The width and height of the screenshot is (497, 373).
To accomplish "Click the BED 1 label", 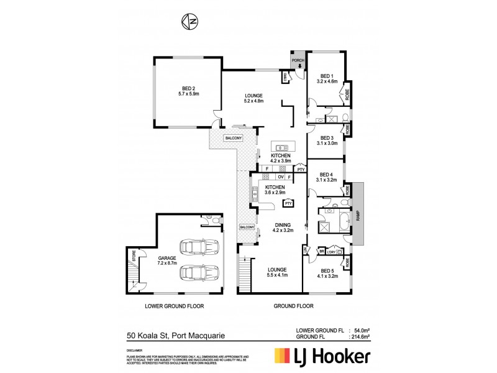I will coord(327,78).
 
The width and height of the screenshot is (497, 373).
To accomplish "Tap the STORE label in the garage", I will coord(132,255).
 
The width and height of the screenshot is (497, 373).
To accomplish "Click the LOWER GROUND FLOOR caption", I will coord(175,306).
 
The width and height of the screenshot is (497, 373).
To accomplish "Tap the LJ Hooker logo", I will coord(323,357).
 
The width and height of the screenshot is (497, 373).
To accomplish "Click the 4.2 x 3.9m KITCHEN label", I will coord(280,158).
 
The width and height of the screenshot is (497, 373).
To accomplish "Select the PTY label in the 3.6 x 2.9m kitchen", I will coord(288,203).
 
